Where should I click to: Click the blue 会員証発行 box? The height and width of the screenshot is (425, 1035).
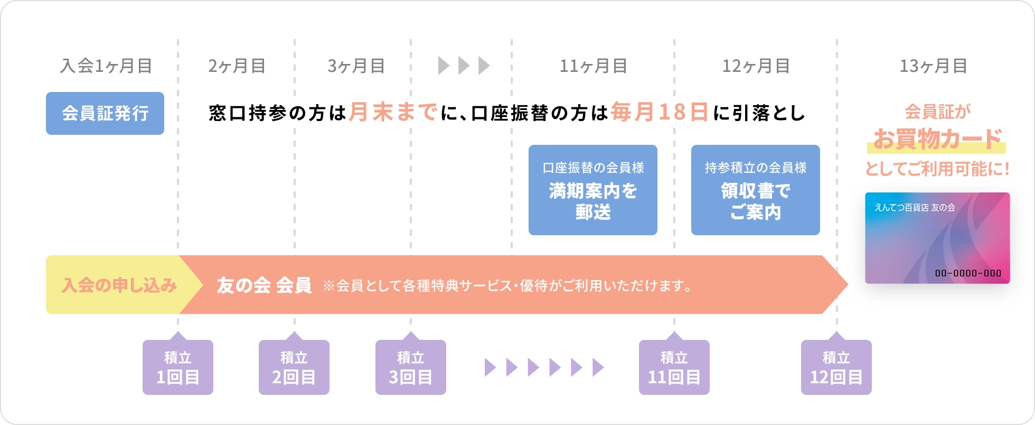(105, 113)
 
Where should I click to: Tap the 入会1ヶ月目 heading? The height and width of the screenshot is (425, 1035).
(106, 66)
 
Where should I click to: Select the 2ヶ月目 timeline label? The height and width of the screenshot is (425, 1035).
(237, 66)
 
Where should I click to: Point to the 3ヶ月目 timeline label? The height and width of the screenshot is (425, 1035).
(356, 66)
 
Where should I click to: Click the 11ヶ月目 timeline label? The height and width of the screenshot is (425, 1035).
(593, 66)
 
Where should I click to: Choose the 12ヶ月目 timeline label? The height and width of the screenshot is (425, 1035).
(756, 66)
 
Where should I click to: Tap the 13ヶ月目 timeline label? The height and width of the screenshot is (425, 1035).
(933, 66)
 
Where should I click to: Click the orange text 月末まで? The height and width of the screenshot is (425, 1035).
(393, 112)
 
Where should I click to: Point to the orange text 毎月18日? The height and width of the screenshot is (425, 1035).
(660, 112)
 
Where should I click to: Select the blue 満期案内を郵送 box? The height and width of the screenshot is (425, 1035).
(592, 190)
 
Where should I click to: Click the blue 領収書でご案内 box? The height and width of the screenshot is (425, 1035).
(755, 190)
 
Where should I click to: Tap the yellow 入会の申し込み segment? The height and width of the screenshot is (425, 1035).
(119, 285)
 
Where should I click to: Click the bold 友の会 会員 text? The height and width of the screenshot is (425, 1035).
(264, 285)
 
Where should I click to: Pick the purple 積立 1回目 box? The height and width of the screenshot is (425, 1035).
(178, 367)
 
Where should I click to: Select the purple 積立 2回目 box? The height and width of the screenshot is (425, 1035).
(294, 367)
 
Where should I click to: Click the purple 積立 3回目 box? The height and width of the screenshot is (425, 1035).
(411, 367)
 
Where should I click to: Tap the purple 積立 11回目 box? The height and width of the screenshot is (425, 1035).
(674, 367)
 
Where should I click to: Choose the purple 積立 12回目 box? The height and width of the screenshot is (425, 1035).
(836, 367)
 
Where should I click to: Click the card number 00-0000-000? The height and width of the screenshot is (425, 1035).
(968, 273)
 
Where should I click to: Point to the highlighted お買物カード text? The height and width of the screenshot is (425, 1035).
(937, 140)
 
